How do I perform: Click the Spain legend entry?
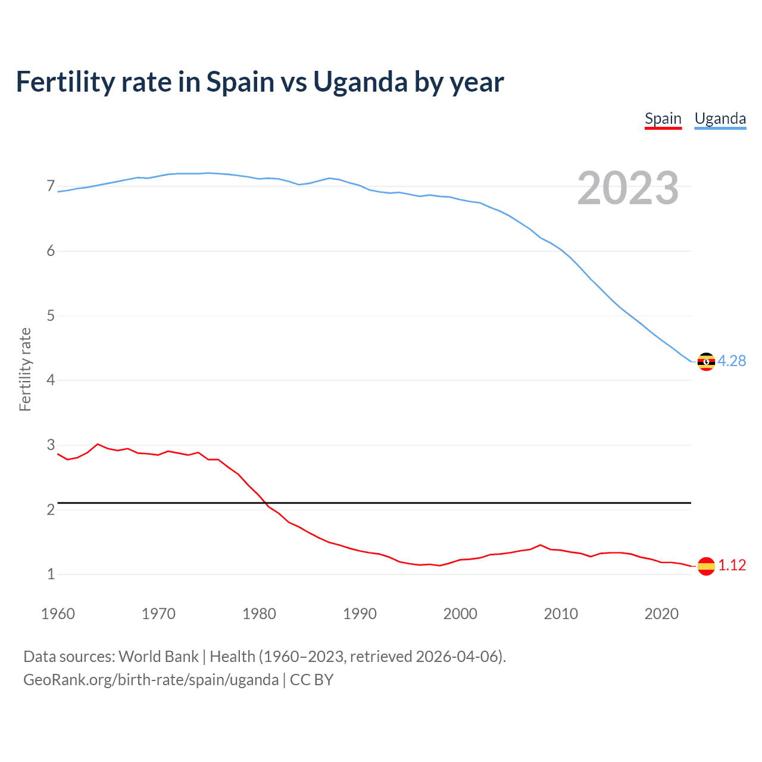(663, 118)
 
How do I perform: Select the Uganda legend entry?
(720, 118)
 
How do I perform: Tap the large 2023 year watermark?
(628, 188)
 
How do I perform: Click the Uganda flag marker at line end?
(706, 361)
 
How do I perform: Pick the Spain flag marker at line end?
(706, 566)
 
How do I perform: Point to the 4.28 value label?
(732, 361)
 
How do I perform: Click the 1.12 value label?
(732, 566)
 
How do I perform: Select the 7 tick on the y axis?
(51, 186)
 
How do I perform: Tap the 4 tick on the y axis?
(51, 380)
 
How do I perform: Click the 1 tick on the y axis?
(51, 574)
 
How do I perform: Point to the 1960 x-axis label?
(58, 614)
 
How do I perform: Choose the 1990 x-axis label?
(360, 614)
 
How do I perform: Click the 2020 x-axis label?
(661, 614)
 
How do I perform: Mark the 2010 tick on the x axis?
(561, 614)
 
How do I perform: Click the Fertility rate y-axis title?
(25, 369)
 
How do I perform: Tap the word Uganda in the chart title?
(360, 82)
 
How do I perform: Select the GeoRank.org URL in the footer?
(151, 680)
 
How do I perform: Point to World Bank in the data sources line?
(158, 657)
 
